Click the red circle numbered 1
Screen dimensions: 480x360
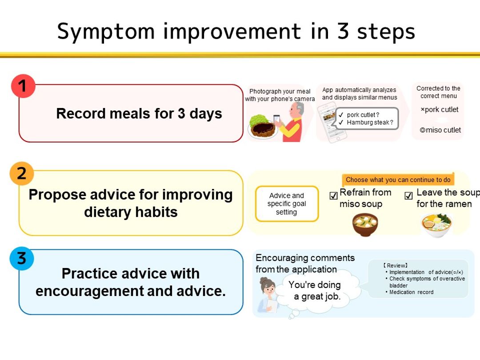click(23, 86)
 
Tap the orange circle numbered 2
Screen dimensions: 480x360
click(21, 174)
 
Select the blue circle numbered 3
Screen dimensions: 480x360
click(21, 258)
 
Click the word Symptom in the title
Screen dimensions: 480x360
click(106, 32)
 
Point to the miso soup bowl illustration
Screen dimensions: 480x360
click(365, 224)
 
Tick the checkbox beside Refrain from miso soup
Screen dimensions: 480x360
click(333, 196)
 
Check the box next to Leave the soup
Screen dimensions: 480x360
click(408, 196)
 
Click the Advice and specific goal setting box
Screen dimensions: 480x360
click(287, 204)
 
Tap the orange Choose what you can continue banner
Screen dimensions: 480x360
click(398, 180)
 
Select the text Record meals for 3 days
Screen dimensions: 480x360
click(139, 114)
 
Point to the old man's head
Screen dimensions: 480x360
click(297, 110)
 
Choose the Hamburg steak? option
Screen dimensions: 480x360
click(366, 123)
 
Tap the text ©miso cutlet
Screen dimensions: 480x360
click(440, 130)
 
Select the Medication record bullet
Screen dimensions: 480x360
click(409, 292)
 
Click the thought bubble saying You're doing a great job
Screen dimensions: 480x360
click(318, 290)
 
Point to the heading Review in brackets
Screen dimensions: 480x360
click(395, 265)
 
